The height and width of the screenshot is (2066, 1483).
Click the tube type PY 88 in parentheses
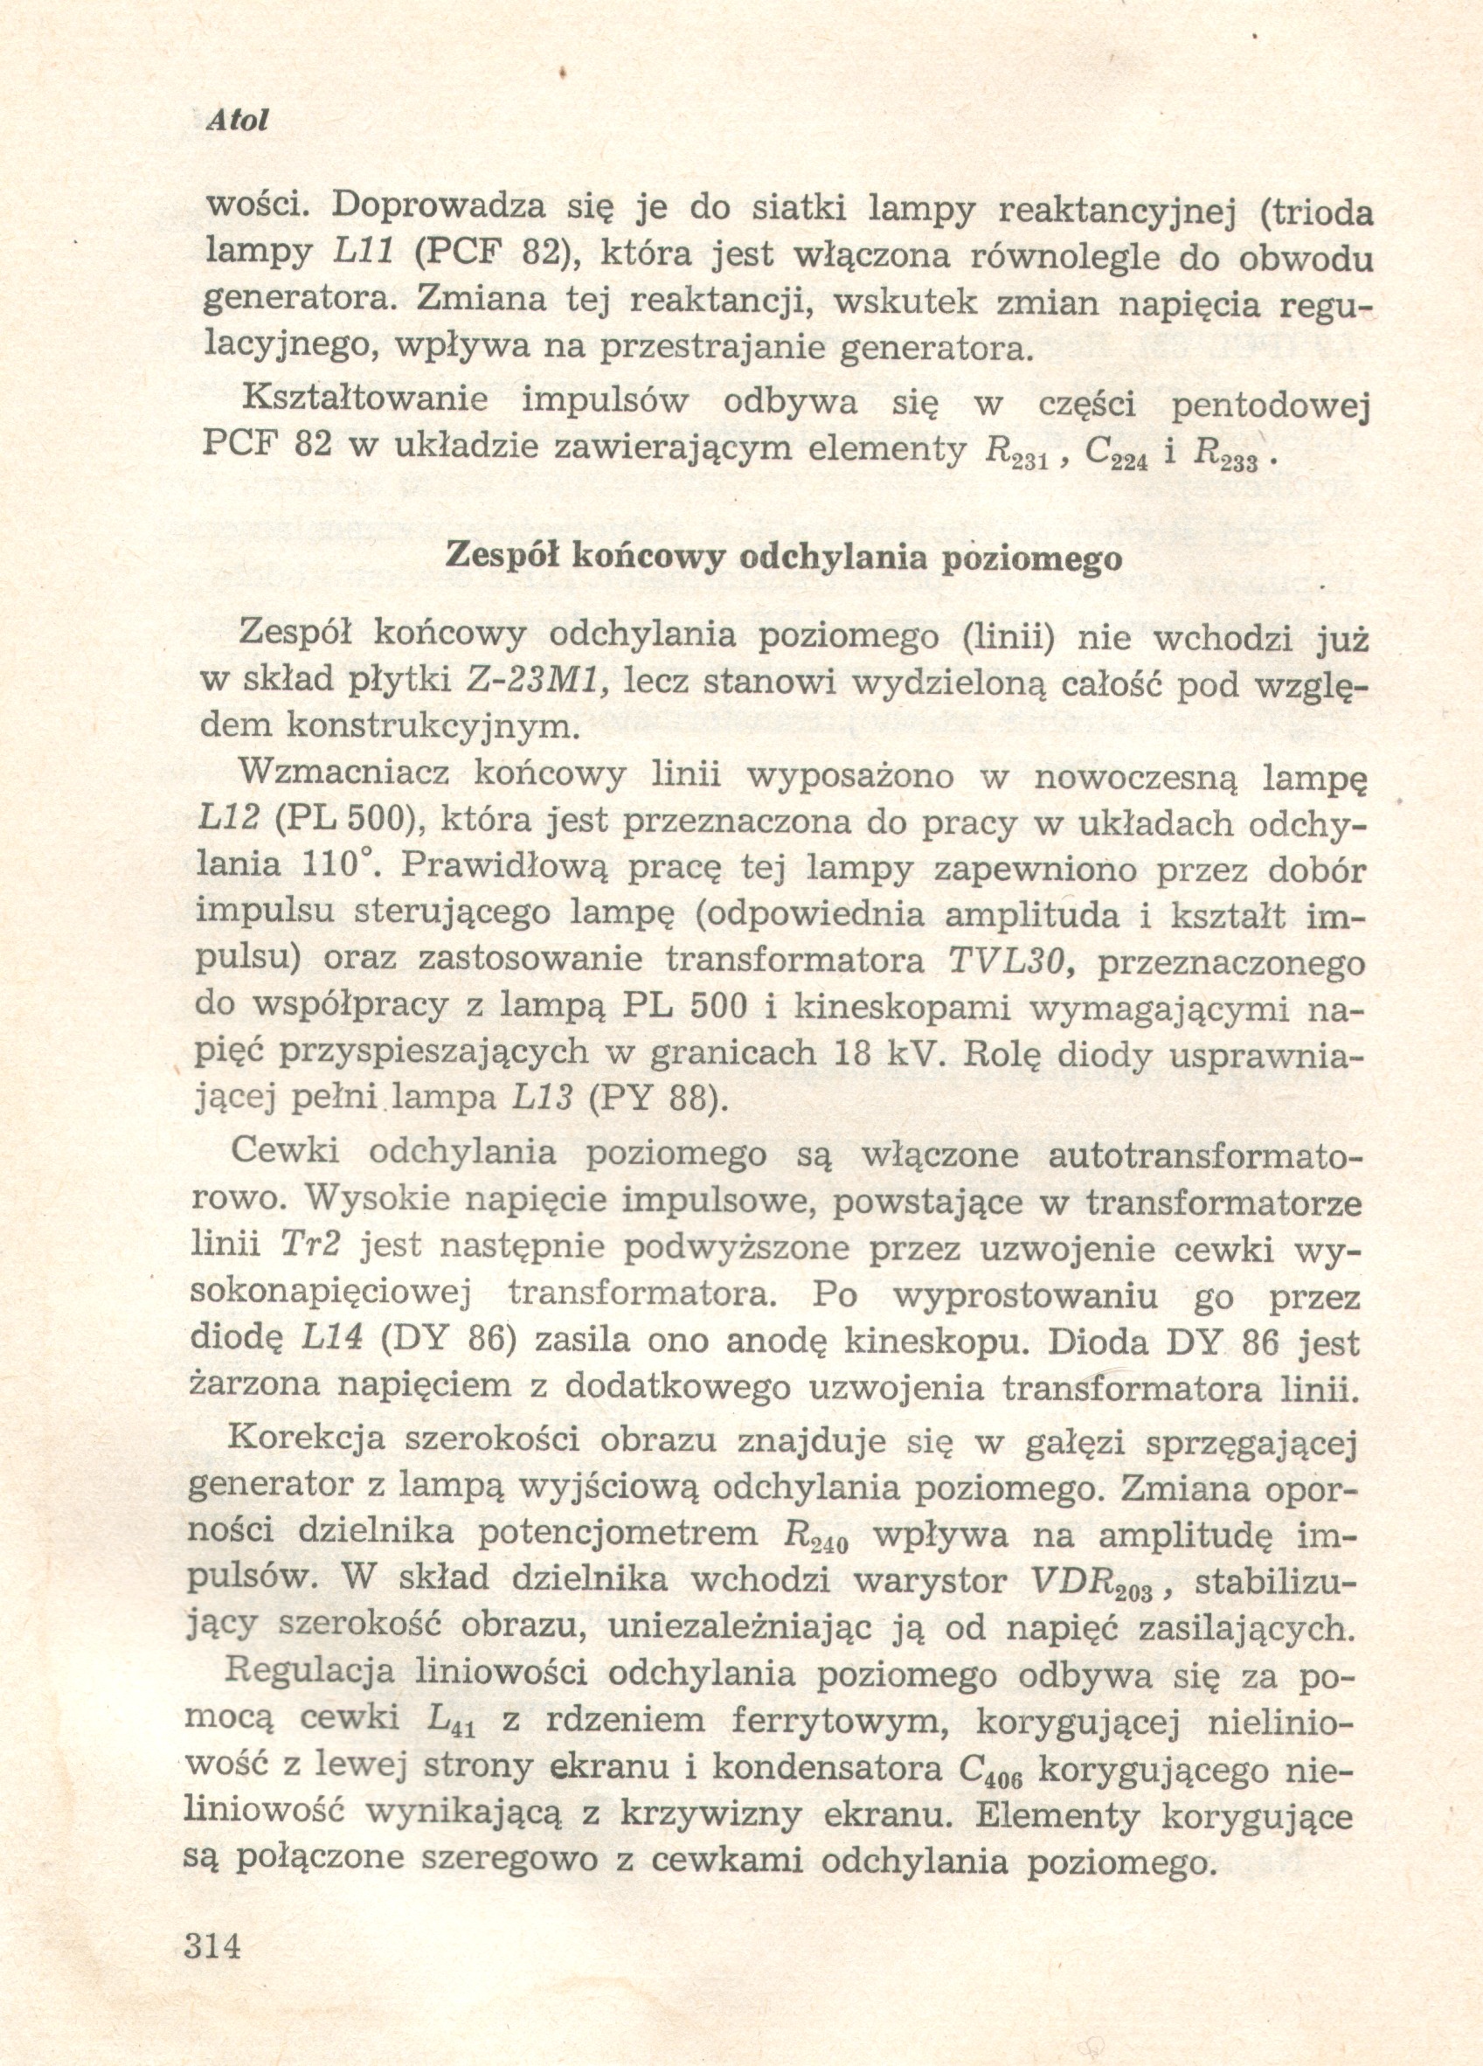[656, 1099]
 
